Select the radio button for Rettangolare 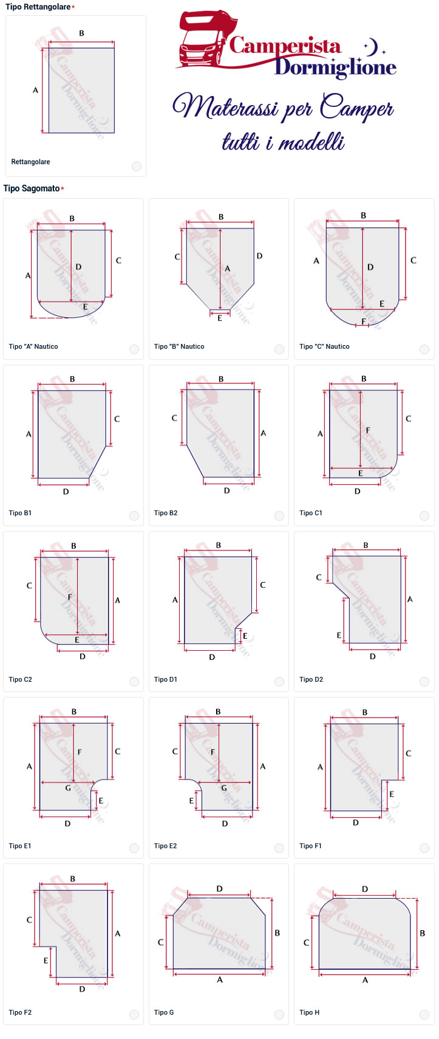136,166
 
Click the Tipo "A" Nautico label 33,346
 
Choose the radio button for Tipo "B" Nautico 279,349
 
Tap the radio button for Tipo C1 424,516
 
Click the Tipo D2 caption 311,679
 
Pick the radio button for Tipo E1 134,848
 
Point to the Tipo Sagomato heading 32,188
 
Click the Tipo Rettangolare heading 38,7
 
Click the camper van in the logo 207,39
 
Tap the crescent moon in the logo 373,46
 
